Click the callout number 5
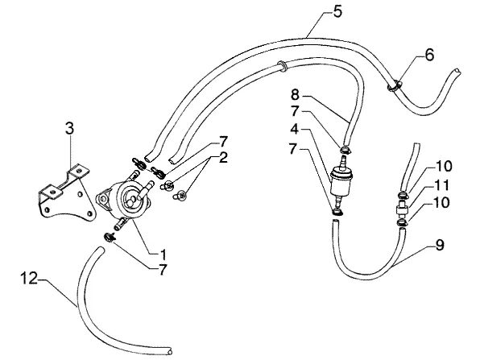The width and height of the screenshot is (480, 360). [x=337, y=12]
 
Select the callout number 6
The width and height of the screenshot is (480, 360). [x=429, y=55]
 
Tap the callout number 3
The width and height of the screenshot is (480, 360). [x=69, y=128]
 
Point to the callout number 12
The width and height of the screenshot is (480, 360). [x=29, y=279]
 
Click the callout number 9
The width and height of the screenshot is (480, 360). [x=440, y=245]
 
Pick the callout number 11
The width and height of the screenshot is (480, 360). [x=441, y=185]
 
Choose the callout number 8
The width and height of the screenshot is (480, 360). [x=295, y=94]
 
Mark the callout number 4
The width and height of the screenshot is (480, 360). [x=294, y=129]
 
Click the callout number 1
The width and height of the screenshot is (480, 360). [x=163, y=254]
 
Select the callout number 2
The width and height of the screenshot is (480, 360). [x=223, y=158]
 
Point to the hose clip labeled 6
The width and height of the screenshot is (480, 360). [x=395, y=85]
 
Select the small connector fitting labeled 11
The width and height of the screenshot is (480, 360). [x=402, y=210]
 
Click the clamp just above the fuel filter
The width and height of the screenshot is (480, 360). [x=346, y=150]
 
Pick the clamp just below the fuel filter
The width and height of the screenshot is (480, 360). [x=337, y=212]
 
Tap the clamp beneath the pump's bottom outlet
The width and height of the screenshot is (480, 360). [x=110, y=237]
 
